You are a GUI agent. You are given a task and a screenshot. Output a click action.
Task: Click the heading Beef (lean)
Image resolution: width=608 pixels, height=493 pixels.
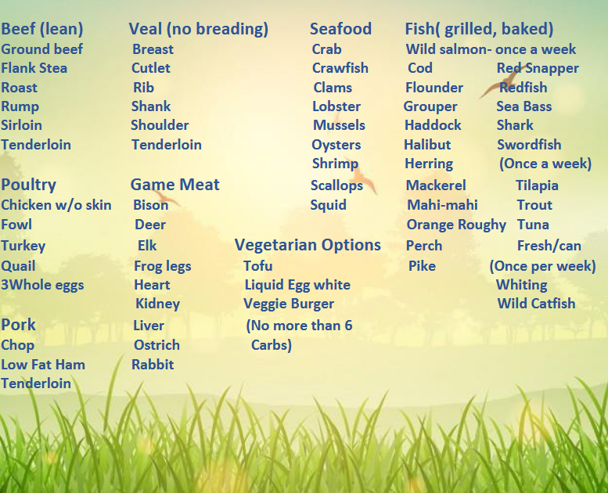point(42,29)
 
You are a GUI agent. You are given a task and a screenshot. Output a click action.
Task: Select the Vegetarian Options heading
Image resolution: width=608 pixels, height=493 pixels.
point(308,245)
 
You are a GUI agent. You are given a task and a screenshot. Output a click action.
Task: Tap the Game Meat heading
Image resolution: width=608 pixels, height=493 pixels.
point(174,184)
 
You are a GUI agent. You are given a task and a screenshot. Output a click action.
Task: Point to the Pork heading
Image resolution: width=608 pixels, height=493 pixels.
point(18,325)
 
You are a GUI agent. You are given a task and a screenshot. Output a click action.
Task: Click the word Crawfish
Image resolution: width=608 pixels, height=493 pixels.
point(340,68)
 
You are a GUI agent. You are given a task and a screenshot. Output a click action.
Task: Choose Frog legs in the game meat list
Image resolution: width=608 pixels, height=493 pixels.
point(163,266)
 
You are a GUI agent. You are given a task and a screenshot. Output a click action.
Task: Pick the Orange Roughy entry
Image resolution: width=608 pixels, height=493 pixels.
point(456,225)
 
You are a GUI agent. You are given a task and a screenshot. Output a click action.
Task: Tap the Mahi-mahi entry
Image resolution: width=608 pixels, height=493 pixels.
point(442,205)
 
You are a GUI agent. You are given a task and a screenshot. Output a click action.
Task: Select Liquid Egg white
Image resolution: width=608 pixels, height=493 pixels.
point(297,285)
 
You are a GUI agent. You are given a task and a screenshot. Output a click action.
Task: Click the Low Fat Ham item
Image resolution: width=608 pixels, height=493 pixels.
point(43,365)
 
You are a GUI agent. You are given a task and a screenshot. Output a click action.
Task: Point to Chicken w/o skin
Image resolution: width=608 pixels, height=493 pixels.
point(56,205)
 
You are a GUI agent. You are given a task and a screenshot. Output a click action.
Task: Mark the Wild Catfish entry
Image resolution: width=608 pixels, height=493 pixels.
point(536,304)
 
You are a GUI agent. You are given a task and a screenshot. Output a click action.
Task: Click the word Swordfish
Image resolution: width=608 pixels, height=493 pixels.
point(529,145)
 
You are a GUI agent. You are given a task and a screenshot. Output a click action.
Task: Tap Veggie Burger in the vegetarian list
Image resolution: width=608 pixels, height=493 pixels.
point(289,304)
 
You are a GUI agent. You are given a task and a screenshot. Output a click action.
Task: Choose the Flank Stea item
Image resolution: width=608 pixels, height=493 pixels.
point(34,68)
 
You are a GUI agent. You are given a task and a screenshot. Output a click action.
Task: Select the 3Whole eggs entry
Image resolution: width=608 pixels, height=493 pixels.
point(42,285)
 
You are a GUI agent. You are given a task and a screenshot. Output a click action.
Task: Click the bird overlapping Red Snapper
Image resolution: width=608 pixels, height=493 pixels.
point(502,81)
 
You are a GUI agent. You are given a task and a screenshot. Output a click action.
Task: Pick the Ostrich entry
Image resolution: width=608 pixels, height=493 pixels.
point(156,345)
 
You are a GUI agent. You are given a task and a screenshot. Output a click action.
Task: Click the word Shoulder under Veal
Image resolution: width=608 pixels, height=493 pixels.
point(160,125)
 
